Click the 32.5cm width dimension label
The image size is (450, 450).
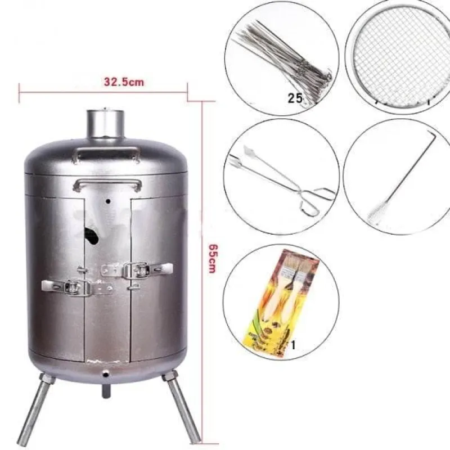pyautogui.click(x=124, y=82)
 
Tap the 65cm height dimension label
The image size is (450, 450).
pyautogui.click(x=213, y=258)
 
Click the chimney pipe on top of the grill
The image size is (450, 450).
pyautogui.click(x=106, y=124)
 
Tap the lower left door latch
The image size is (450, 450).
pyautogui.click(x=77, y=287)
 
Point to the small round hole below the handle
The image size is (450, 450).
pyautogui.click(x=108, y=201)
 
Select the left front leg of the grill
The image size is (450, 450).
pyautogui.click(x=35, y=407)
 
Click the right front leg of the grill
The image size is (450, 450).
pyautogui.click(x=181, y=407)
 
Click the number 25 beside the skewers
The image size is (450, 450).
pyautogui.click(x=295, y=98)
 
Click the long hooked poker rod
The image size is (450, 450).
pyautogui.click(x=403, y=178)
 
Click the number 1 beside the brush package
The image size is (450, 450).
pyautogui.click(x=293, y=345)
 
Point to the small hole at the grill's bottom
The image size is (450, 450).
pyautogui.click(x=106, y=373)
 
